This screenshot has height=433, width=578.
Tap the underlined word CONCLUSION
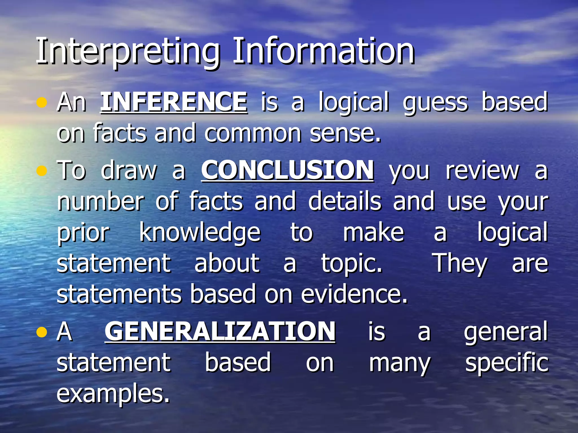tap(287, 170)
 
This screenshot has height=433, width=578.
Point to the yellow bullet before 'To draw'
tap(41, 171)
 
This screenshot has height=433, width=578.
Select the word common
tap(253, 134)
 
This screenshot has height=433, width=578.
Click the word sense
tap(345, 134)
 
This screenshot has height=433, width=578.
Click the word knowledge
tap(200, 233)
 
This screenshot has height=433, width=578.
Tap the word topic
tap(352, 264)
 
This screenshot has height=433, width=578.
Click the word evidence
tap(354, 294)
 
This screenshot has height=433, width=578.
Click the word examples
tap(113, 394)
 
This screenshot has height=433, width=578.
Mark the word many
tap(400, 364)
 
